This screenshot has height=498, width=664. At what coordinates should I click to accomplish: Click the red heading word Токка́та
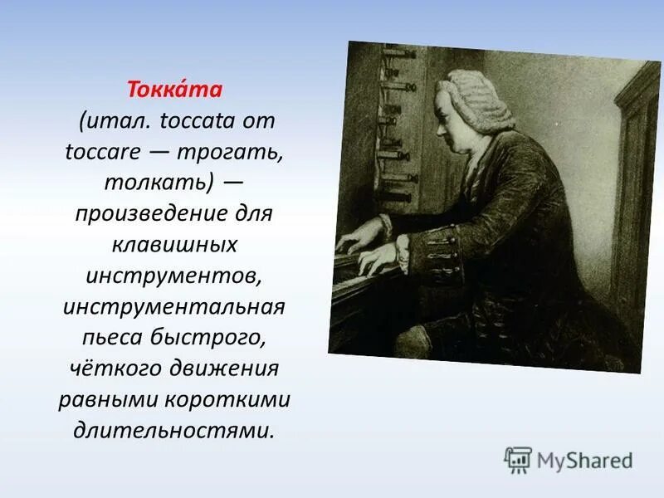click(x=175, y=87)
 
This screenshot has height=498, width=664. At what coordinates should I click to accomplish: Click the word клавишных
click(x=175, y=246)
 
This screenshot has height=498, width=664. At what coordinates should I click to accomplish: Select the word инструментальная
click(x=174, y=307)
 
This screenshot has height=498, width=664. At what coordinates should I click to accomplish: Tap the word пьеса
click(x=120, y=338)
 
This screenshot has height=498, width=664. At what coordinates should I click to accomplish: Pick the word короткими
click(x=235, y=400)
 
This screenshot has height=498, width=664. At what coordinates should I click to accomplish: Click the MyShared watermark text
click(x=584, y=460)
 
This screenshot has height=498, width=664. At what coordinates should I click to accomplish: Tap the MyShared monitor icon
click(x=518, y=459)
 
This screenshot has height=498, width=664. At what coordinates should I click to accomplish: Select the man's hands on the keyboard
click(x=365, y=249)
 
